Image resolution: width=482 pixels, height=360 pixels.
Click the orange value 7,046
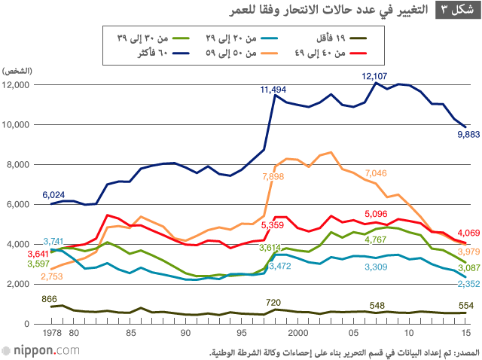(x=376, y=174)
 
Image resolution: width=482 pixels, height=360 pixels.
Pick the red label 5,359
(x=272, y=225)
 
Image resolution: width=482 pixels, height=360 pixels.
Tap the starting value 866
(x=50, y=299)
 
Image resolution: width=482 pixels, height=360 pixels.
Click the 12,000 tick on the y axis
(x=16, y=85)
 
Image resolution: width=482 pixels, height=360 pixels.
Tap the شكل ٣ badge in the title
(x=455, y=10)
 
